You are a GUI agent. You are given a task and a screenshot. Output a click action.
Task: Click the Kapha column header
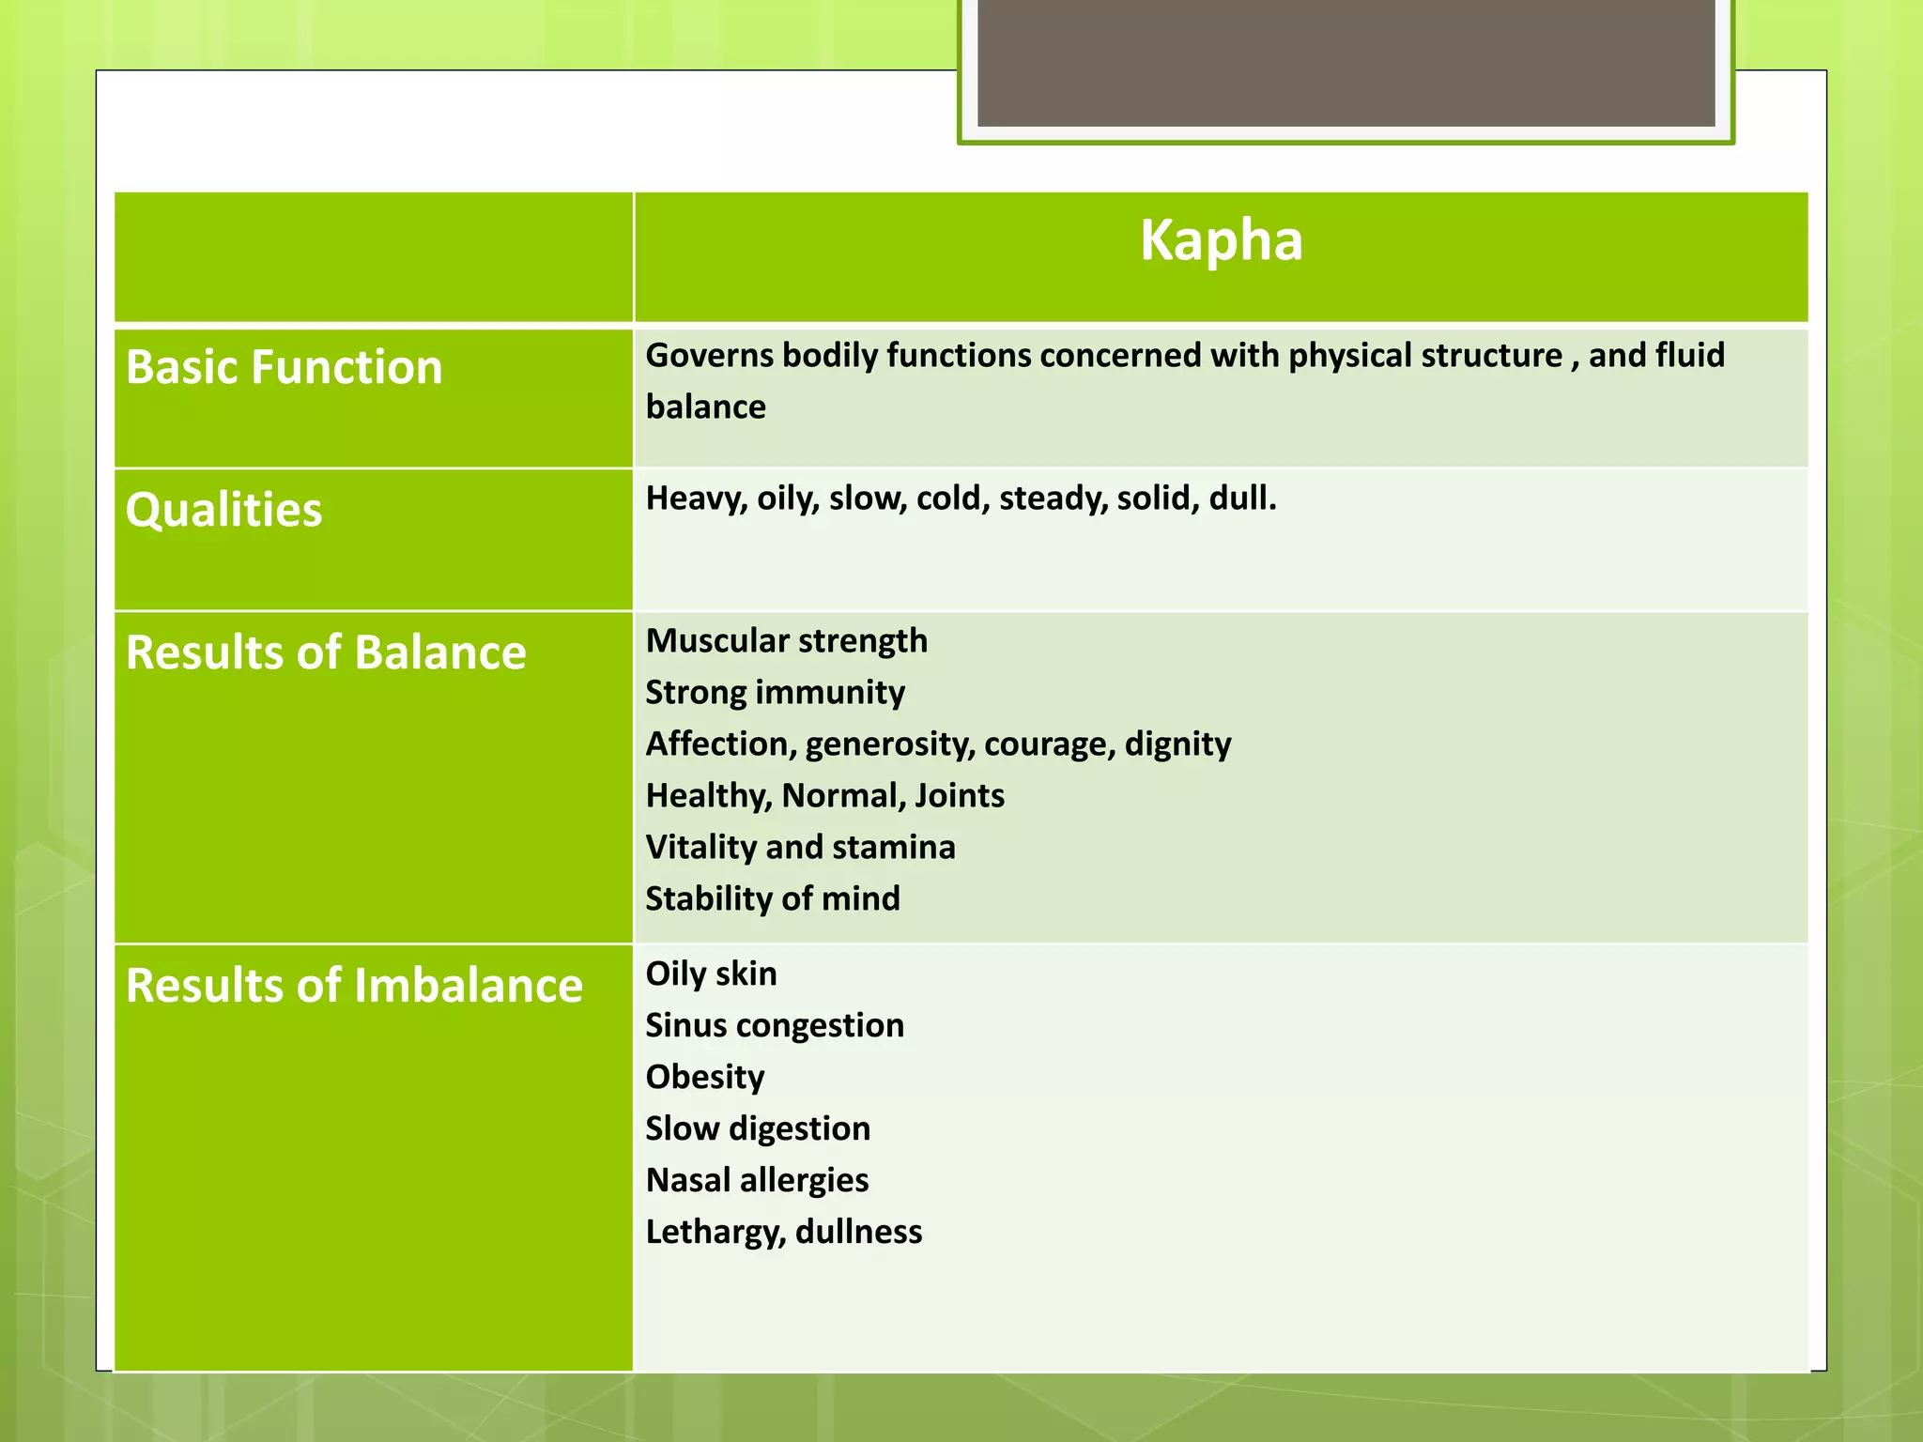pos(1221,240)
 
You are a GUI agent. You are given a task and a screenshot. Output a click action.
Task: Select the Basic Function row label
pos(284,367)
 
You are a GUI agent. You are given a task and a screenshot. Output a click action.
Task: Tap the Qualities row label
pos(223,510)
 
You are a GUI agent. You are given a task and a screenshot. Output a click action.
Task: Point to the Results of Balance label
pos(326,652)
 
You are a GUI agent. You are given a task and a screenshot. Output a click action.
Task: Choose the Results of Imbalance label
pos(354,986)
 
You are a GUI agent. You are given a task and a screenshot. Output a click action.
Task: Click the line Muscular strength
pos(786,641)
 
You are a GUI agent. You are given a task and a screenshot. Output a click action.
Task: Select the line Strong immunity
pos(775,693)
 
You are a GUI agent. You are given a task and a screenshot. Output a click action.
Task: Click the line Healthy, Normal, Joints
pos(824,796)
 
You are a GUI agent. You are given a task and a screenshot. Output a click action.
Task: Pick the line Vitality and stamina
pos(800,848)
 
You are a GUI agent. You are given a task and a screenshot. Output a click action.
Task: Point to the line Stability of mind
pos(772,899)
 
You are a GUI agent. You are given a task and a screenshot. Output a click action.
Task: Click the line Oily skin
pos(711,974)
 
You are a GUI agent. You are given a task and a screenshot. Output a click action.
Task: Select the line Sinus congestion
pos(775,1026)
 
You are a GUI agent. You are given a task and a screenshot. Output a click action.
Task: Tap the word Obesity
pos(704,1078)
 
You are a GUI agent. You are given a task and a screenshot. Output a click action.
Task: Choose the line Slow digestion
pos(758,1129)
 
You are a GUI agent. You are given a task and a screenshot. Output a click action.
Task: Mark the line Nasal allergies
pos(757,1181)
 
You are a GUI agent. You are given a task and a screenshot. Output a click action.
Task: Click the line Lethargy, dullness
pos(783,1233)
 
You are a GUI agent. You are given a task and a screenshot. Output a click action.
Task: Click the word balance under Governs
pos(705,407)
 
